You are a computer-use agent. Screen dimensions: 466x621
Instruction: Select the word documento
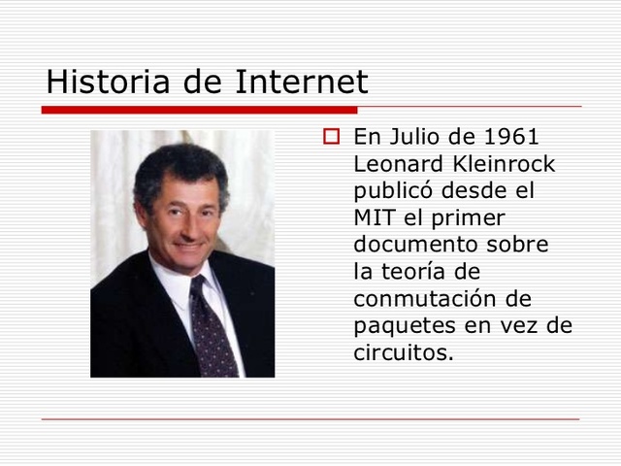click(419, 244)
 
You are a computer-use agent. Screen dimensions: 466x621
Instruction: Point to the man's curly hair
click(180, 160)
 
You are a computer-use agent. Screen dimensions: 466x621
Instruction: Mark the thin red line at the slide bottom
click(310, 419)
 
